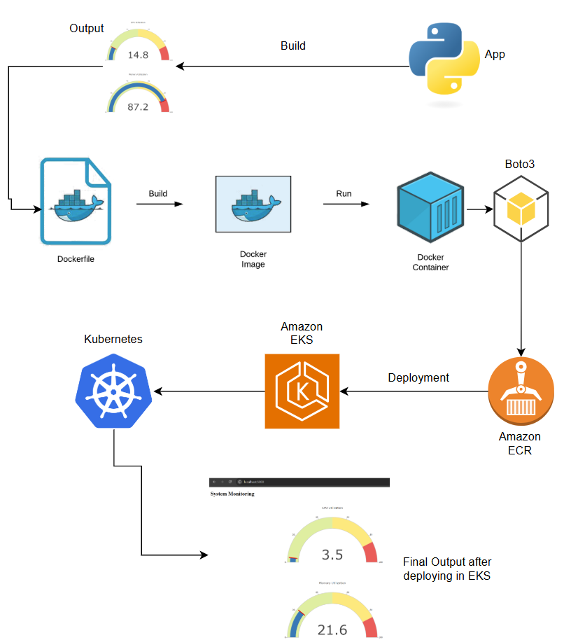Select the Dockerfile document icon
pos(75,200)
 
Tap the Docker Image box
pos(253,204)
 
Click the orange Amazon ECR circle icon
pos(521,391)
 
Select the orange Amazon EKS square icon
pos(302,391)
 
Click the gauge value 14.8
pos(138,55)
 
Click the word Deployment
pos(418,377)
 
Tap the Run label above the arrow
pos(344,193)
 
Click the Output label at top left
pos(87,29)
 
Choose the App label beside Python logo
pos(494,54)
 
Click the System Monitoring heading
pos(232,494)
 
